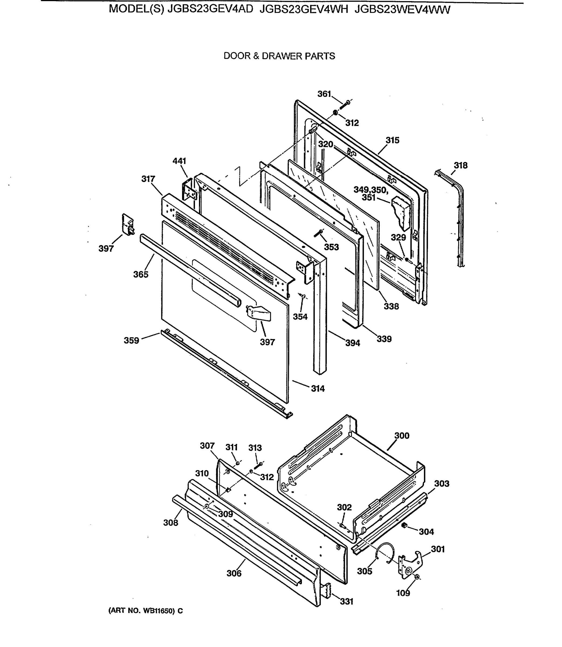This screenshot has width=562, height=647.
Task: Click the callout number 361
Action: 324,94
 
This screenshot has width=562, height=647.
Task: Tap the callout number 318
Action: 460,165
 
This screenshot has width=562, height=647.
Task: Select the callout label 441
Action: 179,161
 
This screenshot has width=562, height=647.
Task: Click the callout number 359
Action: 131,340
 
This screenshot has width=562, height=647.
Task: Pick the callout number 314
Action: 318,388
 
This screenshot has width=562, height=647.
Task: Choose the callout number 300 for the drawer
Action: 402,435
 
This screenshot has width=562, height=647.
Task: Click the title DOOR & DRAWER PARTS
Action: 279,56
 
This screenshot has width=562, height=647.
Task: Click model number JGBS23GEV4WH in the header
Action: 304,10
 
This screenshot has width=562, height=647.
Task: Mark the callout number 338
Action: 391,306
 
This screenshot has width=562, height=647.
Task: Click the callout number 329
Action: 398,237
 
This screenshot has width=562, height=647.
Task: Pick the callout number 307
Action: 207,445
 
